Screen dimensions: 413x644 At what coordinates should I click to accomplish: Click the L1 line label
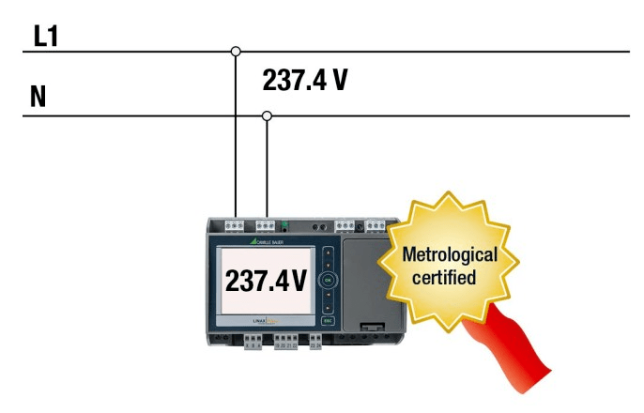point(46,37)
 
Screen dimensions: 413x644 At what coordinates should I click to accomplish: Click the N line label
point(38,98)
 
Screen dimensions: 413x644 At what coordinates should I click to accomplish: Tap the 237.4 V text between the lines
point(305,81)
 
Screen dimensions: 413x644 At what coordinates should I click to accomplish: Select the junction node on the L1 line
point(236,51)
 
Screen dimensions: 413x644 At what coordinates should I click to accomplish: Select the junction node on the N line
point(268,116)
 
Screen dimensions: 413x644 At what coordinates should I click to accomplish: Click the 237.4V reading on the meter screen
point(267,280)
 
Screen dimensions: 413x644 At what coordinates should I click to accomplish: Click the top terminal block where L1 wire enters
point(234,225)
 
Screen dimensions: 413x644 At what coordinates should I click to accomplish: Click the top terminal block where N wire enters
point(266,225)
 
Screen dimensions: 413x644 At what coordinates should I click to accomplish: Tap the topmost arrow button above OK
point(328,253)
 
